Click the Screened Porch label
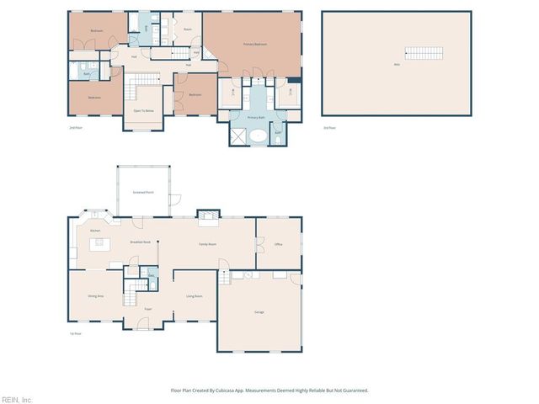tap(143, 192)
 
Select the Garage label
tap(259, 312)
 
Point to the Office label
tap(278, 244)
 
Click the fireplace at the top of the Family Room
tap(207, 215)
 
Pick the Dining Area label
tap(96, 296)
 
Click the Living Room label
tap(194, 296)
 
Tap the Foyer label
tap(147, 309)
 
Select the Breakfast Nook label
tap(140, 242)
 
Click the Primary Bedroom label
tap(255, 44)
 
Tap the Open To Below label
tap(143, 110)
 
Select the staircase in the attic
tap(423, 54)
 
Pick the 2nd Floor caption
tap(74, 127)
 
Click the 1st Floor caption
tap(75, 333)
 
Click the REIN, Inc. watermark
tap(17, 399)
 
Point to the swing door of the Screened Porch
tap(174, 200)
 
